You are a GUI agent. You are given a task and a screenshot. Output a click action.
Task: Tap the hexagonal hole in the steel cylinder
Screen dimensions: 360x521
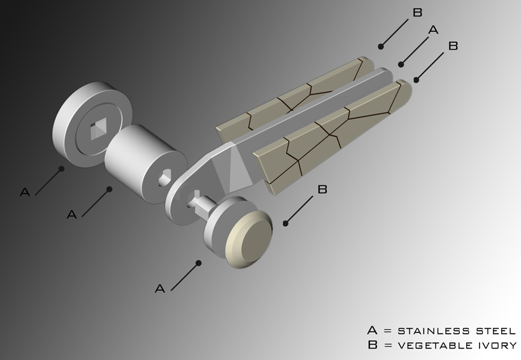point(164,176)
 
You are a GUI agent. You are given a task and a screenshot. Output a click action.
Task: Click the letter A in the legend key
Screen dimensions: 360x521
point(372,331)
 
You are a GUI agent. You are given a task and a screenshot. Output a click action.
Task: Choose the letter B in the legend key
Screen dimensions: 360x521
point(372,345)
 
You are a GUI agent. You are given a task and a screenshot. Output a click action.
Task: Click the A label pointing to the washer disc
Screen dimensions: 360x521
point(25,191)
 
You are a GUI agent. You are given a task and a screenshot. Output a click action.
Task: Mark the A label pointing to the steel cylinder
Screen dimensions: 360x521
point(72,214)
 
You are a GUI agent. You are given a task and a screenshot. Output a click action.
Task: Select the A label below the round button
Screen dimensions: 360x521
point(160,289)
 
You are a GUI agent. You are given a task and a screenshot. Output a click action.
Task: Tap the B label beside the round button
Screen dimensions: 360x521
point(322,189)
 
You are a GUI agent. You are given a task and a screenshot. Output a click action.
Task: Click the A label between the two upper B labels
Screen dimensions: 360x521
point(434,30)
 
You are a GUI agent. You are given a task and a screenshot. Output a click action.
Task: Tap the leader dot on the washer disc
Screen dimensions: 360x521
point(62,169)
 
